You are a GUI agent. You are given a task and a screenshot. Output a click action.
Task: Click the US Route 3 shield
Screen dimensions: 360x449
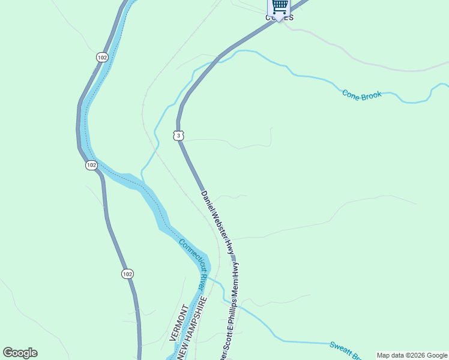pos(178,136)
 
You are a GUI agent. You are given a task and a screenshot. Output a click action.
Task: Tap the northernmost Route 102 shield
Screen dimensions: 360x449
pos(102,57)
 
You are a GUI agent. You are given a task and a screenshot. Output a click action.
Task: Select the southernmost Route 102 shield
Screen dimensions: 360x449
pos(127,274)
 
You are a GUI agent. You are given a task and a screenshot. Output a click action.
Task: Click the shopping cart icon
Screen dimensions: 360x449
pos(279,7)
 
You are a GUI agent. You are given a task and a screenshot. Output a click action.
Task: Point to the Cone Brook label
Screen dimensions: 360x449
pos(362,95)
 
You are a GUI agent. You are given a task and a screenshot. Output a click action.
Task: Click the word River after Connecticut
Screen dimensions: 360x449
pos(202,281)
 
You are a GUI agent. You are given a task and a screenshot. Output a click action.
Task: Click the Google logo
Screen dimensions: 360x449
pos(20,353)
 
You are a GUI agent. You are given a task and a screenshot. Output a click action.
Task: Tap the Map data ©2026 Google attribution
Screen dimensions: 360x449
pos(412,355)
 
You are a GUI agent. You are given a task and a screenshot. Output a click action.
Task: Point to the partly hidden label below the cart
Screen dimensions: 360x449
pos(280,18)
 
